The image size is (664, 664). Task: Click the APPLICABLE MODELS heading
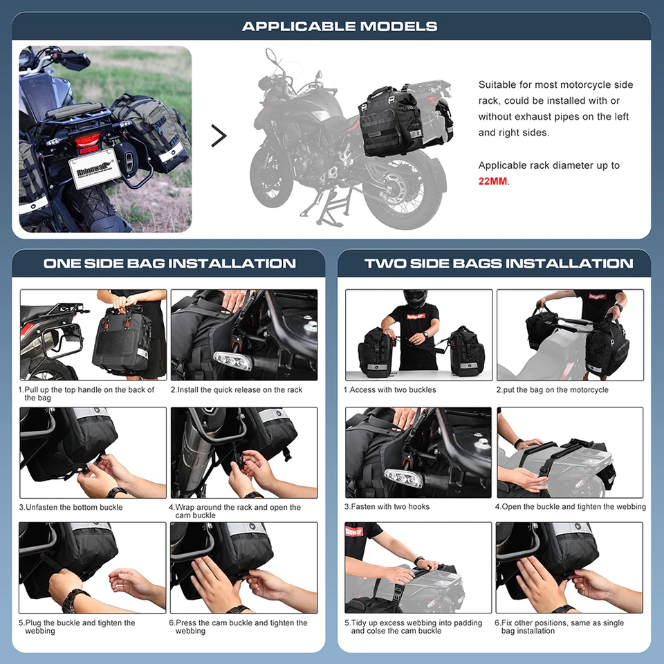[339, 26]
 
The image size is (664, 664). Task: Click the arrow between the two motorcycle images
[219, 136]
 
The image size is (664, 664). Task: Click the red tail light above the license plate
[89, 143]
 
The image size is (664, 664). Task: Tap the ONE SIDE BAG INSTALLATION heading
[169, 264]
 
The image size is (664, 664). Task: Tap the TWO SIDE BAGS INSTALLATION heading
[498, 264]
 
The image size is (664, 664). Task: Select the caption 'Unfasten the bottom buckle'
[74, 507]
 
